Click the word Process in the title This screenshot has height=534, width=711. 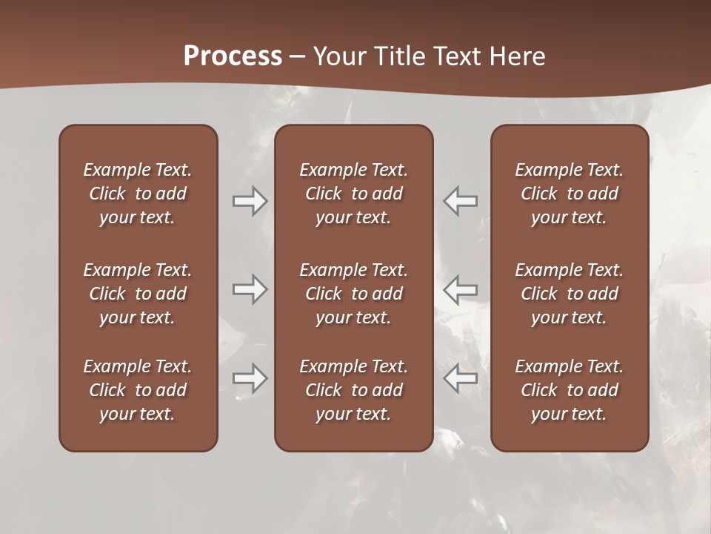pos(233,56)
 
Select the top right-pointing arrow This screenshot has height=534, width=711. pos(250,201)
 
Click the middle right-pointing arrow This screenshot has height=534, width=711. pos(250,289)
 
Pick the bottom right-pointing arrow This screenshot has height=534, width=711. pos(250,378)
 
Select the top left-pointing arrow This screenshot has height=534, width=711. pos(461,201)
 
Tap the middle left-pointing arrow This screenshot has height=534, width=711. pos(461,289)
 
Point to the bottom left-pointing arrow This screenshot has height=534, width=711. pos(461,378)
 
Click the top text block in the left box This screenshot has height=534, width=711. pos(138,194)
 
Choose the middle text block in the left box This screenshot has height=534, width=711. pos(138,294)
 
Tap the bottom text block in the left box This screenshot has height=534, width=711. pos(138,390)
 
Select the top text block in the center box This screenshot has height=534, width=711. pos(353,194)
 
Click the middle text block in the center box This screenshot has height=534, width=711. pos(353,294)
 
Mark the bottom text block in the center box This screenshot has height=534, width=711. pos(353,390)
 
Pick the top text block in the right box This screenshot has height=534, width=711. pos(569,194)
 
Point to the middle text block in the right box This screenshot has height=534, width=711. pos(569,294)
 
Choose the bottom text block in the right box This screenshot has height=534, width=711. pos(569,390)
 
